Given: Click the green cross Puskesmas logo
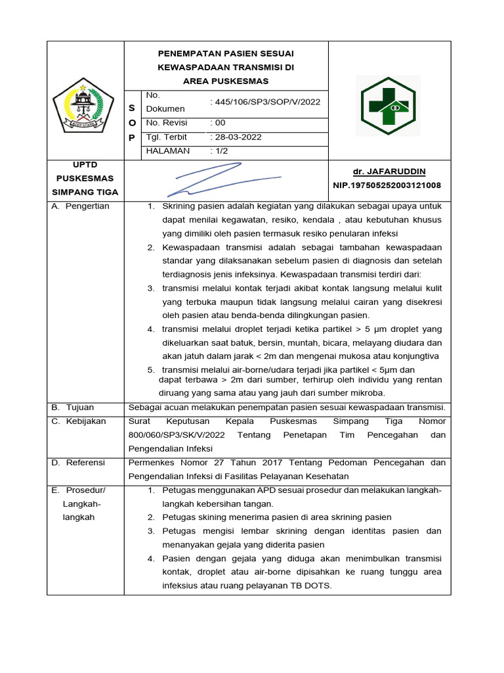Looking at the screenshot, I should pos(388,106).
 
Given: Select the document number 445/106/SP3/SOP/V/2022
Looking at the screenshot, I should pos(265,102).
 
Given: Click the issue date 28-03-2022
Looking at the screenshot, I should pos(236,137).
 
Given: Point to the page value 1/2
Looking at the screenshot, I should pos(219,151).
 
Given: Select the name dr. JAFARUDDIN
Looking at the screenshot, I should pos(388,172).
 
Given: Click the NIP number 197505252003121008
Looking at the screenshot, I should pos(387,186).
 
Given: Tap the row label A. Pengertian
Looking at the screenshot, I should pos(80,206).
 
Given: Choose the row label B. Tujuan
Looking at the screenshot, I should pos(73,407).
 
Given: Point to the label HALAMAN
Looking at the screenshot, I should pos(167,151).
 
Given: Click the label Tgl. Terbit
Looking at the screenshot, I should pos(166,137).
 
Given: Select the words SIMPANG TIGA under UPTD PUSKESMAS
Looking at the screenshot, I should pos(85,193).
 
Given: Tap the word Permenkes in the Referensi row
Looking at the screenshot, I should pos(149,463).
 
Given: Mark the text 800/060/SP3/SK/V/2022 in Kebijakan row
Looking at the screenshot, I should pos(177,435).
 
